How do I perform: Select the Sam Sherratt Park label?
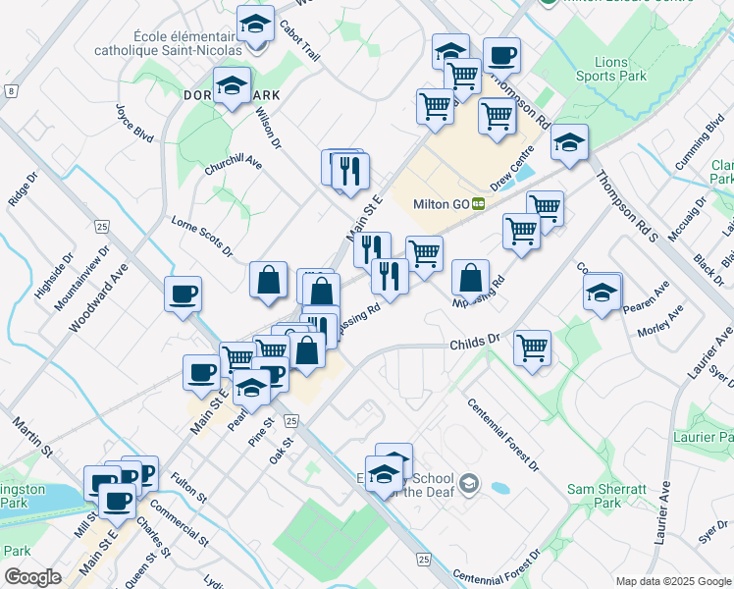pos(595,495)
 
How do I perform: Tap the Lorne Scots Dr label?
pos(201,236)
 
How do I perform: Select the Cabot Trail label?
pos(299,40)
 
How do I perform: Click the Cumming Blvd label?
pos(700,146)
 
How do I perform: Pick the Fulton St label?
pos(187,487)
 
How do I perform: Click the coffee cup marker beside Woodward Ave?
pos(183,294)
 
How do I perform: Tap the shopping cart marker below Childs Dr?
pos(532,347)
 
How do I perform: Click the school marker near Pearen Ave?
pos(602,292)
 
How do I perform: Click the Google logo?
pos(33,577)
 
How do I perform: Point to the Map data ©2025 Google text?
pos(672,581)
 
